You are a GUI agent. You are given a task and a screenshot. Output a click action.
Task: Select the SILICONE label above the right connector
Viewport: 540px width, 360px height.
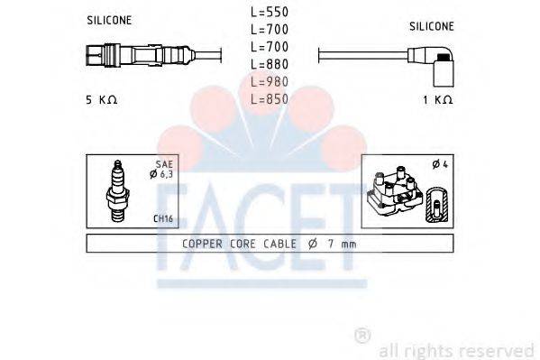(x=432, y=28)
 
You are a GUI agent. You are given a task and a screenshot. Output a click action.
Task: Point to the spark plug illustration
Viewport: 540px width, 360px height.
(x=117, y=192)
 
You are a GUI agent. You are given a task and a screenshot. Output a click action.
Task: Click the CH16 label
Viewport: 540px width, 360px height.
(x=163, y=217)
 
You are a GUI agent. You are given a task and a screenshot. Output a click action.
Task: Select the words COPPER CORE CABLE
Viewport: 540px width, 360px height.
(x=233, y=244)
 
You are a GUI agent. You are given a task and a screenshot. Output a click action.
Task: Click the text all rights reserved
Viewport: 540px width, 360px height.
(x=457, y=349)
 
